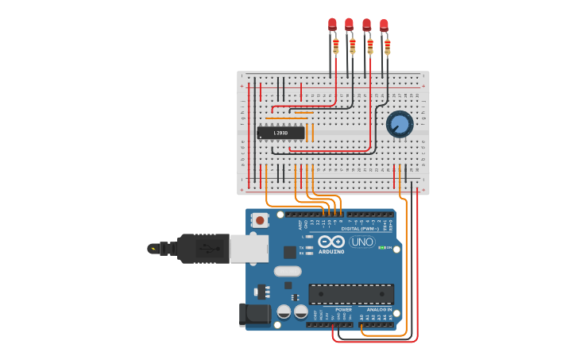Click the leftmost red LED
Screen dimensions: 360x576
(332, 25)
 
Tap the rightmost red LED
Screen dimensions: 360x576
(384, 25)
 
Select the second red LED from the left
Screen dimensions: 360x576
(349, 25)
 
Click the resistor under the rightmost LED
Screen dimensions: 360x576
(388, 46)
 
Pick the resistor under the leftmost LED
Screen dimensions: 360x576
(336, 45)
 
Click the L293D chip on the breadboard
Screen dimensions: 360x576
(280, 133)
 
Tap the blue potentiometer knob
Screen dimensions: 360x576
(400, 124)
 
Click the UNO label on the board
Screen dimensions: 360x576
(362, 242)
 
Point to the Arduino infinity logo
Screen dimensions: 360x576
(331, 242)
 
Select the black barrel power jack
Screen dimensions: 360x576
(254, 314)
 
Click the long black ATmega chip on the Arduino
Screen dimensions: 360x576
(350, 293)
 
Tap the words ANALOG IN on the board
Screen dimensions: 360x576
(379, 309)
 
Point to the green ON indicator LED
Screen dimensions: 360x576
(383, 247)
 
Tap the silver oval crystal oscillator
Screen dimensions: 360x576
(288, 271)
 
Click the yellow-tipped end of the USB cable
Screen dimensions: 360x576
(153, 248)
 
